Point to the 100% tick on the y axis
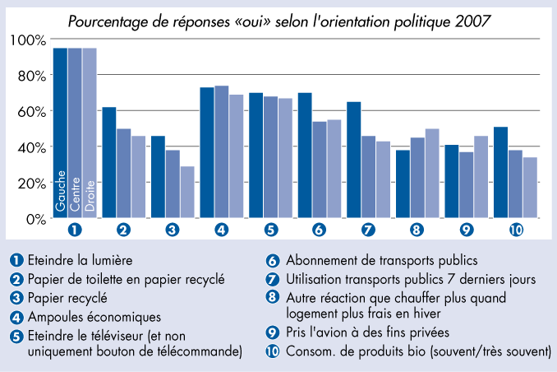[29, 40]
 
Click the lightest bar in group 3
[187, 192]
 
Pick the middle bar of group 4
[221, 151]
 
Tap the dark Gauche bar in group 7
[353, 160]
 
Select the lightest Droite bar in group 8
[432, 173]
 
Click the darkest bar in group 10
[500, 172]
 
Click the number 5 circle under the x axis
[270, 230]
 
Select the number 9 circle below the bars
[467, 230]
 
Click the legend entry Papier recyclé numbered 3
[73, 298]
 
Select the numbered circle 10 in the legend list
[274, 352]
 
